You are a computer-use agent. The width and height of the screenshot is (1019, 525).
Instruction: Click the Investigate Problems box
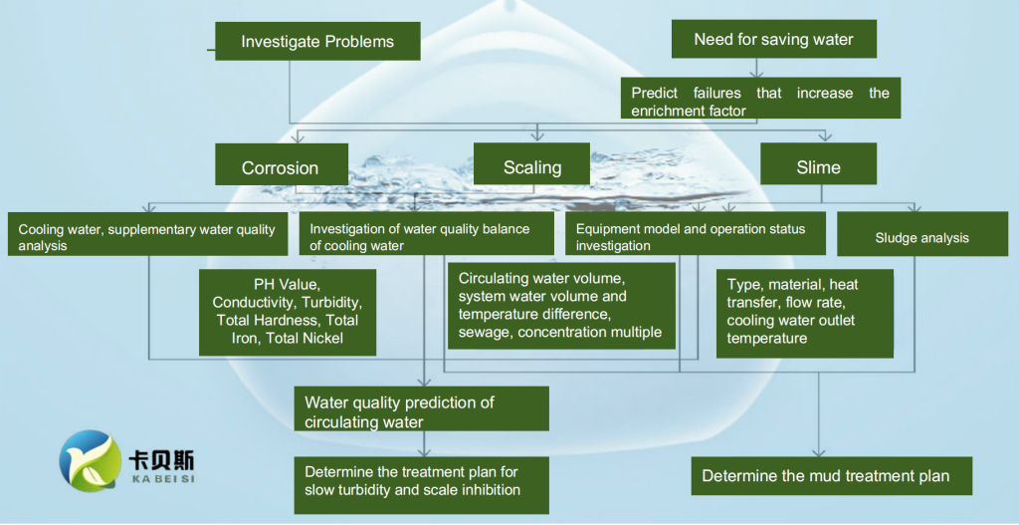[317, 41]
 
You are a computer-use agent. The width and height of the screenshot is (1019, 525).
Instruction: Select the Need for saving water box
[774, 39]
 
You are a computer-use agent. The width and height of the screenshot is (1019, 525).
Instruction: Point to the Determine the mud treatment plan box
[831, 475]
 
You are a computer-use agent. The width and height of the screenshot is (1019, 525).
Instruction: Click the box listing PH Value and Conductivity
[288, 312]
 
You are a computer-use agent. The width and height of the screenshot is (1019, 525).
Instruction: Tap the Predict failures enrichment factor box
[760, 98]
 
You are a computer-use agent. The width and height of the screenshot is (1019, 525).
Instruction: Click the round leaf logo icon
[90, 460]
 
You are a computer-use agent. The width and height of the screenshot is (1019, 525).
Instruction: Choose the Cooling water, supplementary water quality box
[147, 233]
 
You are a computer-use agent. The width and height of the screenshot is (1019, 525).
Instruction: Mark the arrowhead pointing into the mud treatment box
[819, 451]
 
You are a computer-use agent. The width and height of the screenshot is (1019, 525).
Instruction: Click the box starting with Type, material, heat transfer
[804, 314]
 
